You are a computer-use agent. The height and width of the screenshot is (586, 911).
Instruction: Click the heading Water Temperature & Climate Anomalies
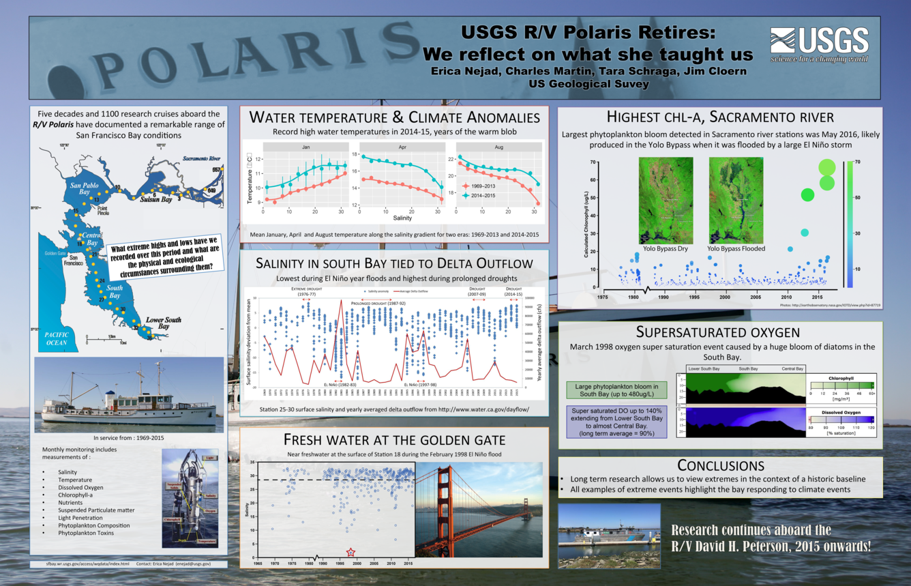click(394, 117)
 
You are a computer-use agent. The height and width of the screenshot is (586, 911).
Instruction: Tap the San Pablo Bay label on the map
click(89, 188)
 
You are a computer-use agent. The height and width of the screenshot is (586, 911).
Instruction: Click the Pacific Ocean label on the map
click(57, 338)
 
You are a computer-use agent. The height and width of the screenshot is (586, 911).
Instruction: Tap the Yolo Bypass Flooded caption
click(736, 249)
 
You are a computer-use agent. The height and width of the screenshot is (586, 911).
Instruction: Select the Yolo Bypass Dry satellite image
click(666, 200)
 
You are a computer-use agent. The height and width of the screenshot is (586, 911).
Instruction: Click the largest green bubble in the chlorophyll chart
click(826, 167)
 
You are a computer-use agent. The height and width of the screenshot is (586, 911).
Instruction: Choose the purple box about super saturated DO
click(616, 422)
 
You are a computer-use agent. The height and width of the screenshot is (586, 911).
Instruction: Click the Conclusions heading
click(720, 465)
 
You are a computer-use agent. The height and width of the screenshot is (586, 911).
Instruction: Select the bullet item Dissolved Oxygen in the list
click(80, 487)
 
